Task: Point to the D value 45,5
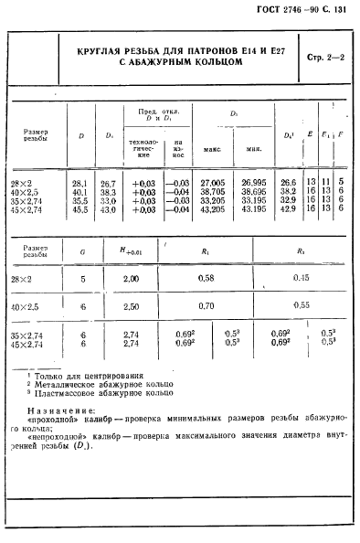click(79, 208)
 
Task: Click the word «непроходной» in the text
click(66, 435)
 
